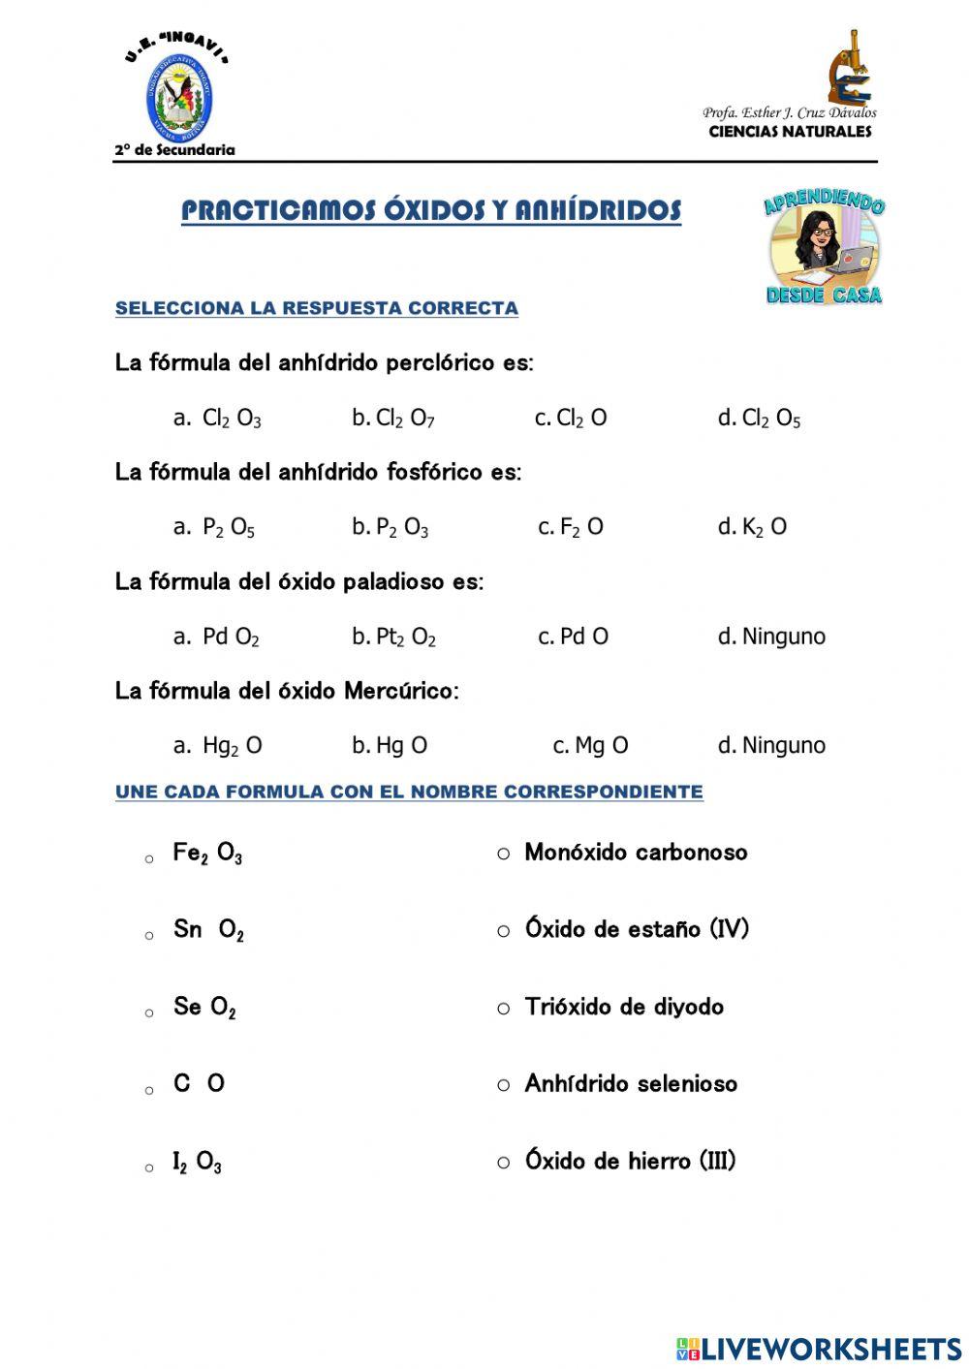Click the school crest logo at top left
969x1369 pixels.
pyautogui.click(x=179, y=99)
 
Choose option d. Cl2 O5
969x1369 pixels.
pyautogui.click(x=759, y=419)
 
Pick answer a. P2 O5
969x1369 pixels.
pyautogui.click(x=214, y=528)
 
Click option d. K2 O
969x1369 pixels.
pyautogui.click(x=752, y=527)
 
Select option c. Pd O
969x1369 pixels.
pyautogui.click(x=574, y=637)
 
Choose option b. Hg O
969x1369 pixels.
pyautogui.click(x=390, y=745)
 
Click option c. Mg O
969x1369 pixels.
pyautogui.click(x=590, y=745)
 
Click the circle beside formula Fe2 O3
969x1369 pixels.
pyautogui.click(x=149, y=859)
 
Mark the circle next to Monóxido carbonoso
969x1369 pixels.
pyautogui.click(x=503, y=854)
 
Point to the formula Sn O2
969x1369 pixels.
pyautogui.click(x=208, y=930)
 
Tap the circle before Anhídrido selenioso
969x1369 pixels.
pyautogui.click(x=503, y=1085)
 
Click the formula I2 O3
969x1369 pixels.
pyautogui.click(x=197, y=1162)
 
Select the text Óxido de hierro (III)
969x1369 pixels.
pyautogui.click(x=630, y=1161)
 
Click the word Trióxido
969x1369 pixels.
pyautogui.click(x=568, y=1007)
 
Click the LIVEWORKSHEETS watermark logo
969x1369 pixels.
pyautogui.click(x=819, y=1348)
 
